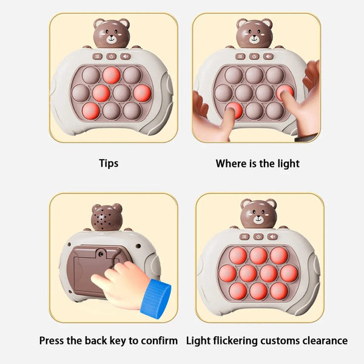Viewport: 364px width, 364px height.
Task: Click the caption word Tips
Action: (109, 163)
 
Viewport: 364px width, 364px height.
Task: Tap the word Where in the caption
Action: (230, 163)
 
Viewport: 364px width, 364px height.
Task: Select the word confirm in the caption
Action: (160, 340)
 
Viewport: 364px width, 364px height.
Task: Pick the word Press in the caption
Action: (53, 340)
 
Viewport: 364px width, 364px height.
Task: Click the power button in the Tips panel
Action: (111, 56)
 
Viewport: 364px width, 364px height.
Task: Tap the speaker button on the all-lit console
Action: (272, 237)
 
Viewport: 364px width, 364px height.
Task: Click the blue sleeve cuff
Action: (155, 298)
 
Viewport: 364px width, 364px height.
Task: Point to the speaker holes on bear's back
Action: (106, 217)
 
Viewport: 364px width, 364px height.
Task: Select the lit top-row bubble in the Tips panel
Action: (111, 75)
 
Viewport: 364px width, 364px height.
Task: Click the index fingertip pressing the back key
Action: (96, 280)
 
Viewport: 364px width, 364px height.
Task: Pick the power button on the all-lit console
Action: (258, 237)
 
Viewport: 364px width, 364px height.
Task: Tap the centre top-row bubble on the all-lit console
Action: (258, 255)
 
